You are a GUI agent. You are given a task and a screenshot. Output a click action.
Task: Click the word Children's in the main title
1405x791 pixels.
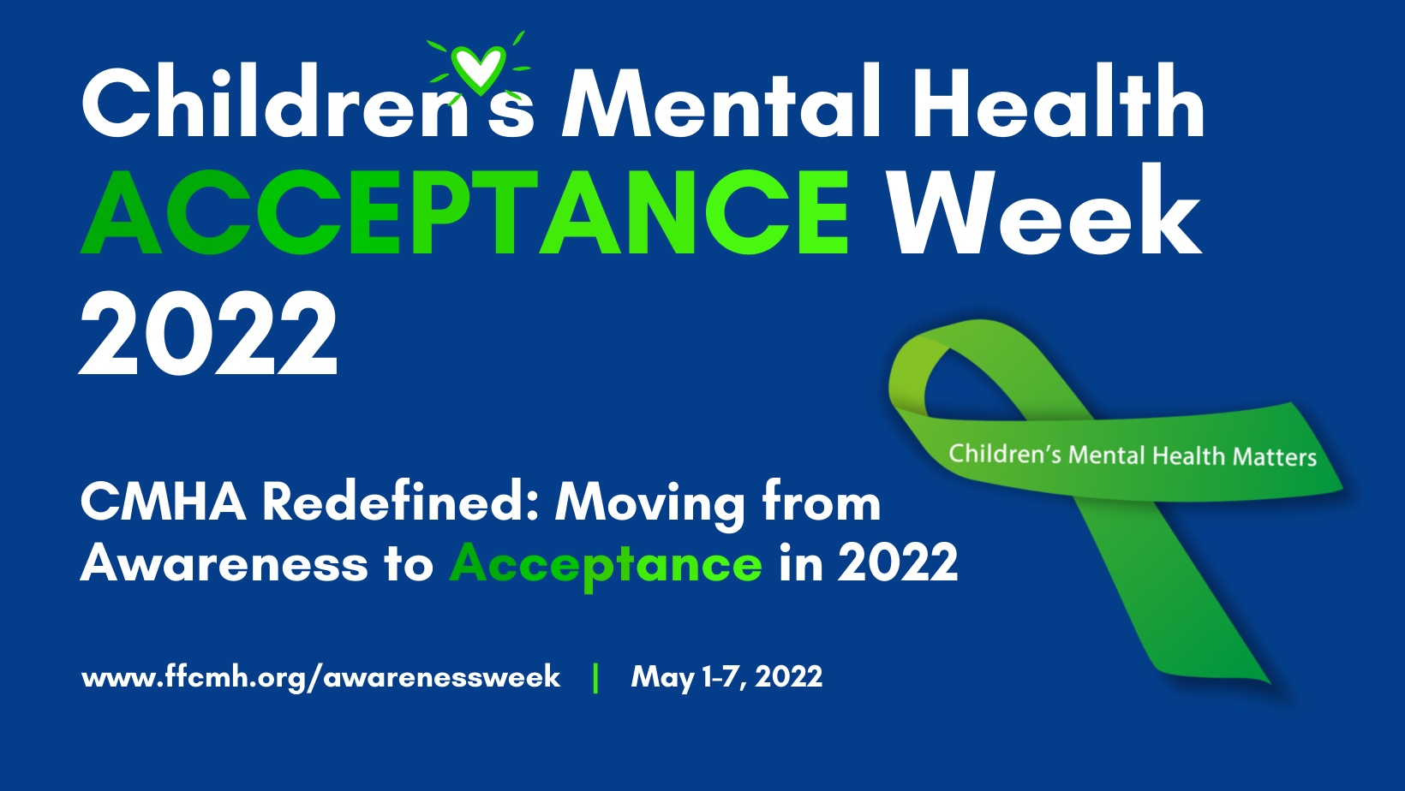tap(308, 100)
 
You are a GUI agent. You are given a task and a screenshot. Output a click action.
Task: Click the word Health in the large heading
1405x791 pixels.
tap(1058, 100)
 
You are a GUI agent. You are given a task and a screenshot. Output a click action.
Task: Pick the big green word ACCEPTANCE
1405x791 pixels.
tap(465, 211)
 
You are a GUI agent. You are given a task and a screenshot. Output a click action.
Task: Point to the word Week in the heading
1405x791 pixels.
tap(1043, 210)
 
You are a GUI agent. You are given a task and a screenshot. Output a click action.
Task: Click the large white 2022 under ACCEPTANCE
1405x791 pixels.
tap(209, 332)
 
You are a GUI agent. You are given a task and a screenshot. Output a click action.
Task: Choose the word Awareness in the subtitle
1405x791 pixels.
tap(224, 563)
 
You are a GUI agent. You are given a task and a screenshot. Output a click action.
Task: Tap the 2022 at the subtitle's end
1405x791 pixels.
tap(898, 562)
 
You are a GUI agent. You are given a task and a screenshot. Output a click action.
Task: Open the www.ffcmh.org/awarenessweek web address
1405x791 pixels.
tap(320, 677)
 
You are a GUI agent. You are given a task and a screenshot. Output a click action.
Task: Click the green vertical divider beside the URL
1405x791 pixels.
tap(595, 678)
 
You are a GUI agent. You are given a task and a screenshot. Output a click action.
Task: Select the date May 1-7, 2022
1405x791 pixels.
tap(726, 677)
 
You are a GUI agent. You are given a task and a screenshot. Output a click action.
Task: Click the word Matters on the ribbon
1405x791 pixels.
tap(1275, 457)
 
